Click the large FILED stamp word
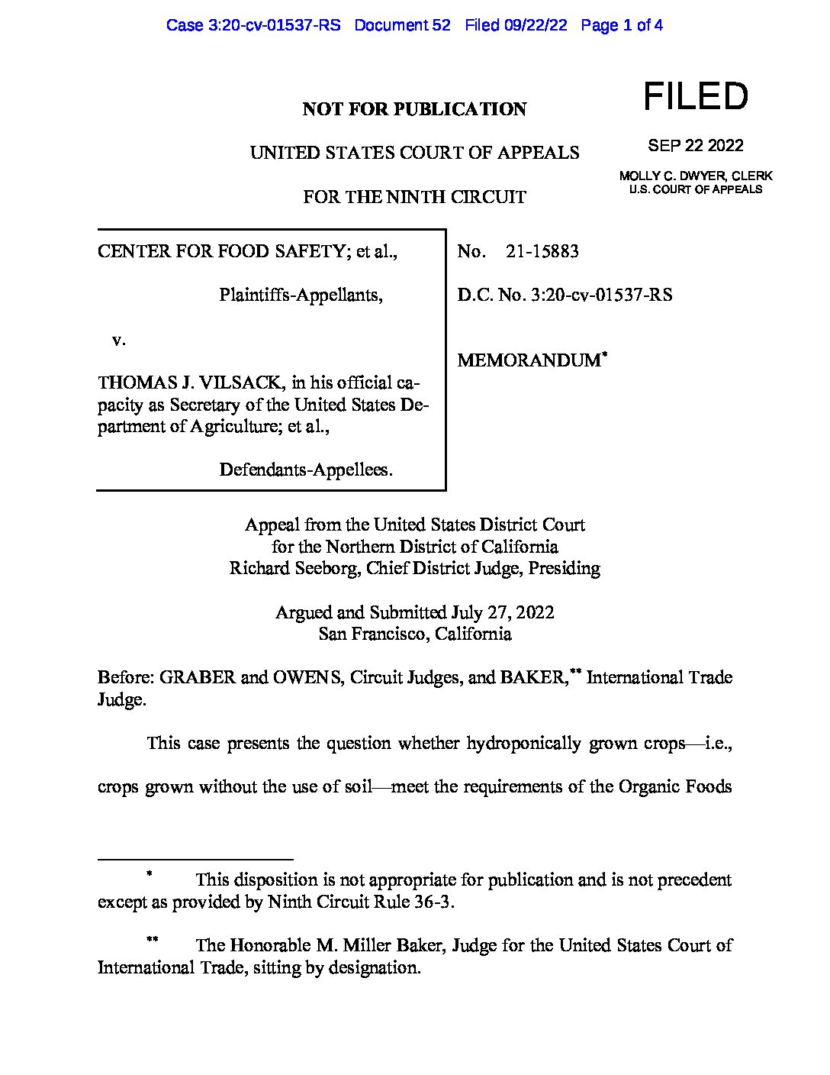[x=696, y=97]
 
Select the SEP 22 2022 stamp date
[x=695, y=145]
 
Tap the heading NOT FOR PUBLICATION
[x=414, y=109]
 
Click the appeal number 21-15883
[x=542, y=251]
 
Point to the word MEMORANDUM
[x=529, y=360]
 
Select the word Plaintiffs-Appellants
[x=300, y=294]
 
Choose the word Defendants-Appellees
[x=305, y=469]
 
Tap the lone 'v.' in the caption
[x=118, y=340]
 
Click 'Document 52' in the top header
[x=402, y=25]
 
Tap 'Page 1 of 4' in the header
[x=621, y=25]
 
